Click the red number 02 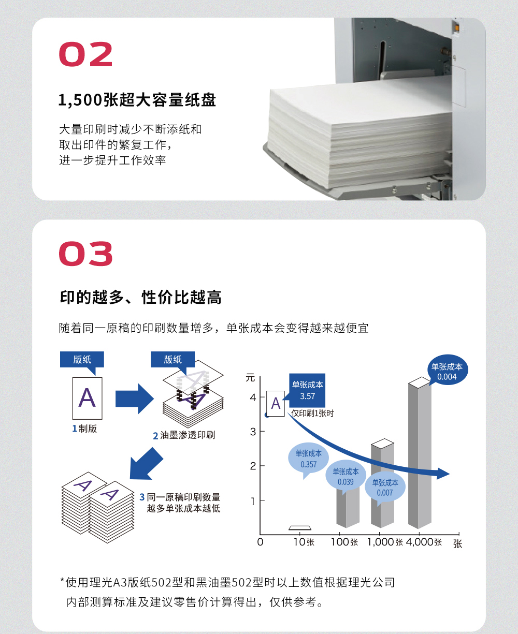[x=86, y=54]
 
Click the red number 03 [x=86, y=254]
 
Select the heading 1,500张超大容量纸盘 [x=137, y=100]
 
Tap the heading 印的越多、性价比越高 [x=140, y=297]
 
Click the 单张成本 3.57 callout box [x=307, y=390]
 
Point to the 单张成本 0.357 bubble [x=308, y=459]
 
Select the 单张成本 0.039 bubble [x=346, y=477]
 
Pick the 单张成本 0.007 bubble [x=385, y=488]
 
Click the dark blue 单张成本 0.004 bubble [x=447, y=371]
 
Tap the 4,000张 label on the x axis [x=424, y=542]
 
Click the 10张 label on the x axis [x=304, y=542]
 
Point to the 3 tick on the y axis [x=253, y=432]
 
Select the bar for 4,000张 [x=420, y=453]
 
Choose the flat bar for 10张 [x=300, y=528]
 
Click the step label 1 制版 [x=84, y=429]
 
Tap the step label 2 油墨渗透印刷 [x=184, y=435]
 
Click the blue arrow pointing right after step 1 [x=135, y=399]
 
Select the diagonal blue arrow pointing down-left [x=146, y=464]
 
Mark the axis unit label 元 [x=250, y=378]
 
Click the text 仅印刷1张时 [x=312, y=414]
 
